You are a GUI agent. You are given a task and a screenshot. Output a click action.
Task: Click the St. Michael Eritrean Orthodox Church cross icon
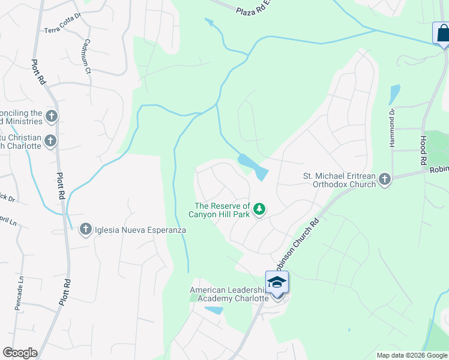[384, 179]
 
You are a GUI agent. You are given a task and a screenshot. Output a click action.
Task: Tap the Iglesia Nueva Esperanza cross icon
[85, 229]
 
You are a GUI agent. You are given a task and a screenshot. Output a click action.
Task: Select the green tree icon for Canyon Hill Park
[259, 209]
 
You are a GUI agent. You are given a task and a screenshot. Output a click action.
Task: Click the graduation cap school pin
[277, 283]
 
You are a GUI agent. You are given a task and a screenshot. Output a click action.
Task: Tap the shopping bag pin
[442, 33]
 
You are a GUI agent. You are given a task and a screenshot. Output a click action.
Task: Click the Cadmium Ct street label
[86, 57]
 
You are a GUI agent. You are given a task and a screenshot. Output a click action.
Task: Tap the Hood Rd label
[423, 150]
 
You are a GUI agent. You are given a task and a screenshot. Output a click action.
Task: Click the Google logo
[20, 353]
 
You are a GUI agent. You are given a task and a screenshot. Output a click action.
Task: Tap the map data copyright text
[411, 355]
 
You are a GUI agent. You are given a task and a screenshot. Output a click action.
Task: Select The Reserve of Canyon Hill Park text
[219, 210]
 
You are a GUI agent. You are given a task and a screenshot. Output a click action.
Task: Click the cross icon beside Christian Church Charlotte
[50, 141]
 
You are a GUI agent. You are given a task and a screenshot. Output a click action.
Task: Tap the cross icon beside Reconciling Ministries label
[52, 116]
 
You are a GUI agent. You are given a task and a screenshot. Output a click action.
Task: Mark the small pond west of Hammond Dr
[394, 94]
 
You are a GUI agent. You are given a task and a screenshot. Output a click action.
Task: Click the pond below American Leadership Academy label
[213, 310]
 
